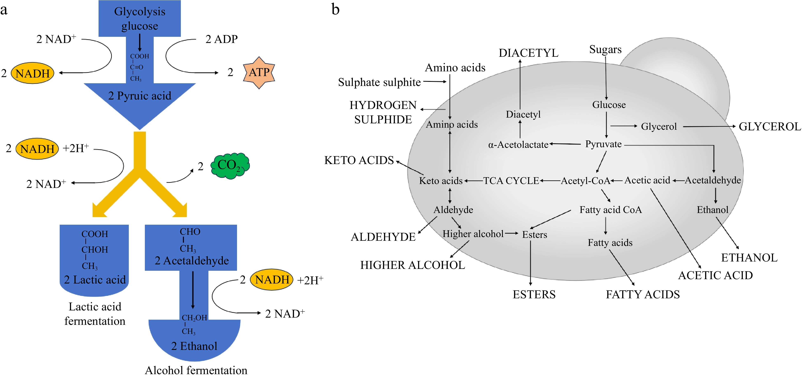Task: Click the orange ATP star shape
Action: [x=259, y=72]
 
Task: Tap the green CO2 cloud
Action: [x=230, y=165]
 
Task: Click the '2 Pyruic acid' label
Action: [x=139, y=95]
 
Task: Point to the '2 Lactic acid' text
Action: [x=95, y=280]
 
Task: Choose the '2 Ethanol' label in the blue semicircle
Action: [x=194, y=346]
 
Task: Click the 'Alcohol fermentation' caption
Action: [x=196, y=370]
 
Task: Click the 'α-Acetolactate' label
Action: [x=518, y=145]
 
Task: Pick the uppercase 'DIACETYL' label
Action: [x=528, y=53]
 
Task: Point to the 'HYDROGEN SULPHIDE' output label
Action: [x=383, y=112]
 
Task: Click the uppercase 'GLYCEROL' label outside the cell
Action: [x=770, y=127]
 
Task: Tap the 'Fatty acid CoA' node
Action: [x=610, y=210]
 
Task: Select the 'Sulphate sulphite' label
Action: [x=379, y=82]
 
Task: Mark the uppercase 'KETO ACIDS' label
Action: [x=359, y=160]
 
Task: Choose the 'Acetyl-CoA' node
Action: [x=585, y=181]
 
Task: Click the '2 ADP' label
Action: [x=221, y=39]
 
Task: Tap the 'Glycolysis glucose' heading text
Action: [x=139, y=19]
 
